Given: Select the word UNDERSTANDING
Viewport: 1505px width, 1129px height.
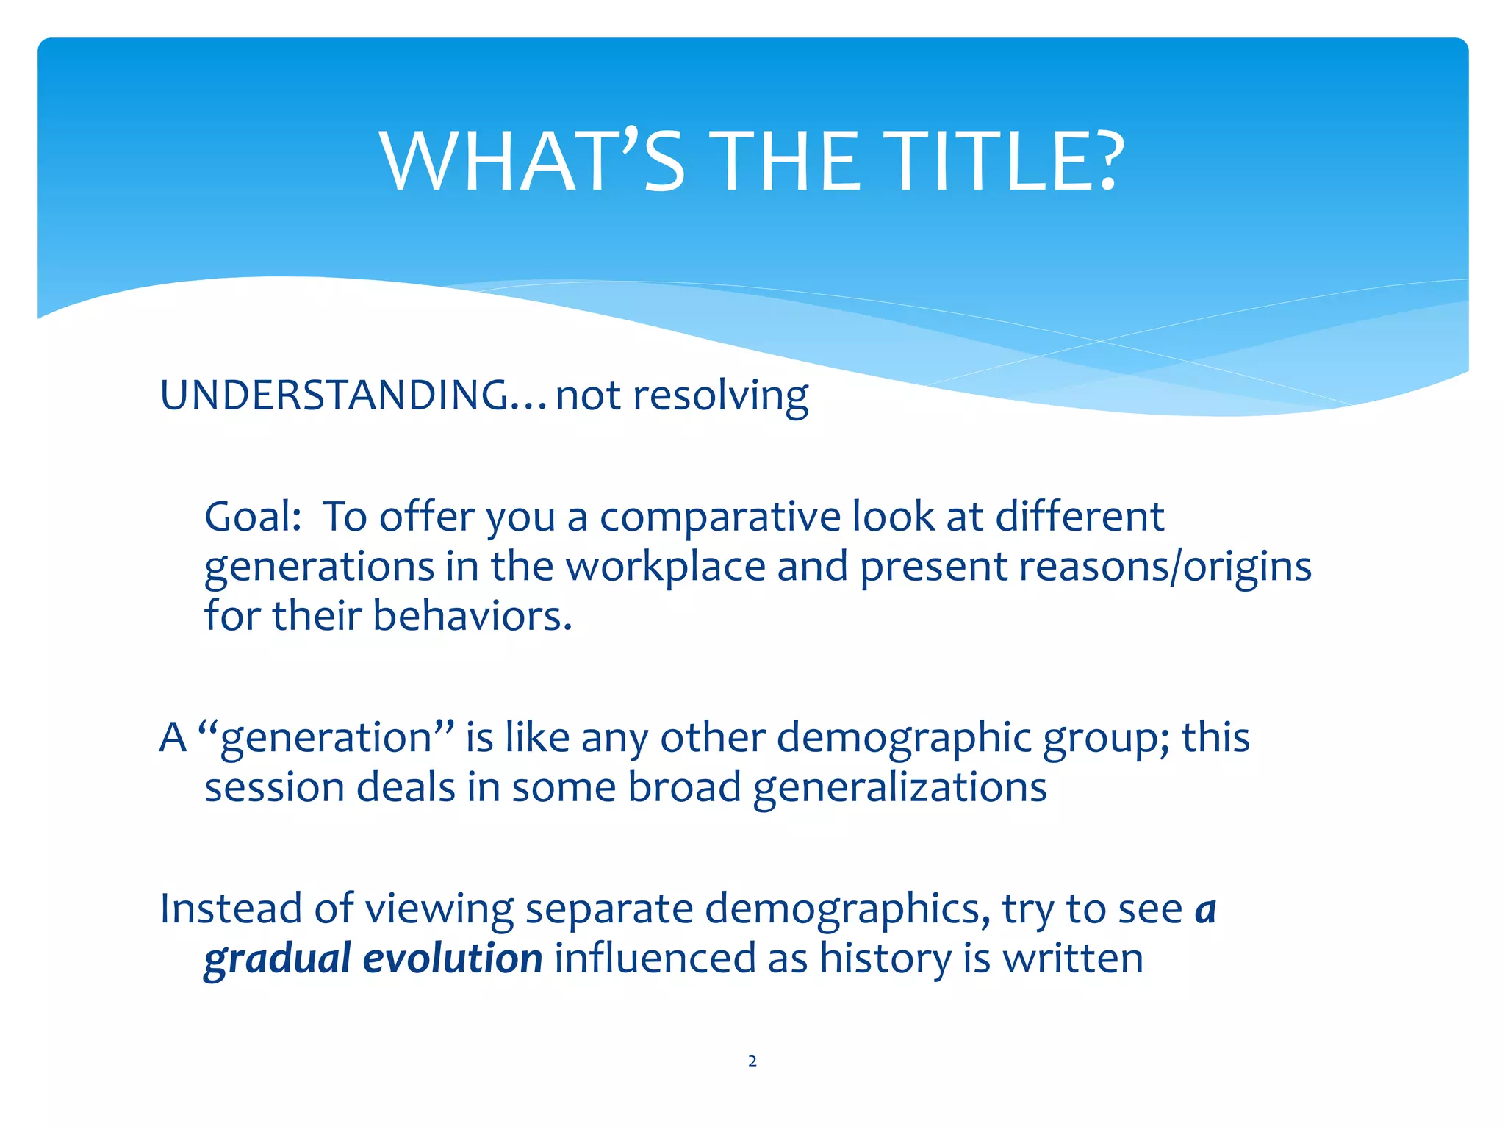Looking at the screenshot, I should (334, 395).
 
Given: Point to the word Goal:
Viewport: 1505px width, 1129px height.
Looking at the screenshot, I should (253, 517).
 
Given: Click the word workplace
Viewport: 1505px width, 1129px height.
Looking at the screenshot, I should (665, 567).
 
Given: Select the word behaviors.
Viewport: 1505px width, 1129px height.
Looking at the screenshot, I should (472, 616).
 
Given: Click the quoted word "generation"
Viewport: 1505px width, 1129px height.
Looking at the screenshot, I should (326, 738).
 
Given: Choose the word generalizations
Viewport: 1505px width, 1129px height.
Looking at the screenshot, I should (899, 788).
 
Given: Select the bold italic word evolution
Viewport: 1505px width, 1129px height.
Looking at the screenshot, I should (453, 958).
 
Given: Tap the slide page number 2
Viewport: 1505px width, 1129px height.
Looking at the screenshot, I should (752, 1061).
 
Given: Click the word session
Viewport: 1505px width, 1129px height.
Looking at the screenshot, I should (274, 788).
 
